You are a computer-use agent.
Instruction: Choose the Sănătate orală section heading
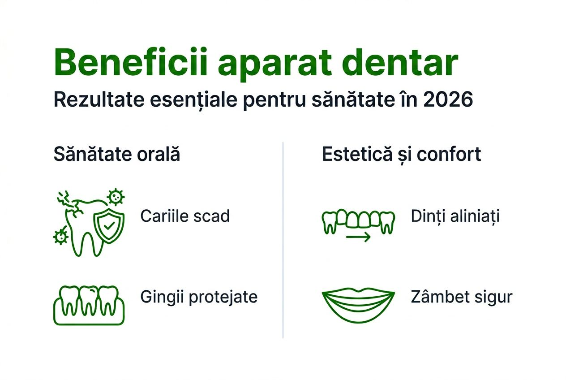(117, 155)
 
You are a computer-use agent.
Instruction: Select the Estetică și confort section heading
(402, 155)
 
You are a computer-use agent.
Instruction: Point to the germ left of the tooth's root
(60, 235)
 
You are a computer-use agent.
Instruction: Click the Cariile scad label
(185, 216)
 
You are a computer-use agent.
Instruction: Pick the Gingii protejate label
(199, 297)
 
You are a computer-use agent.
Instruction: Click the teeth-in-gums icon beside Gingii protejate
(89, 304)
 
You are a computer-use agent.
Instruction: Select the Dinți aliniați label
(455, 216)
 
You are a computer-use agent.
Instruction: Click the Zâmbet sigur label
(461, 297)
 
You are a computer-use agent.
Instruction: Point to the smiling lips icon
(358, 304)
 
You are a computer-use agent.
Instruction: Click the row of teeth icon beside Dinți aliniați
(358, 220)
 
